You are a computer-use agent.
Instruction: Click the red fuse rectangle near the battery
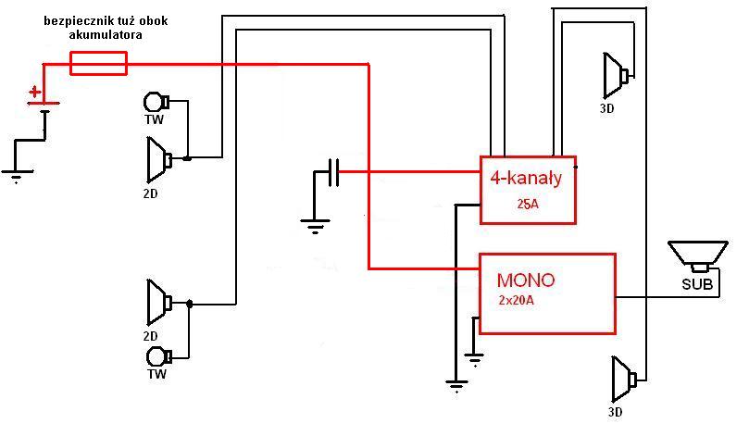pyautogui.click(x=98, y=63)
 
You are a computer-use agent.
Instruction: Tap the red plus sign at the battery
pyautogui.click(x=35, y=92)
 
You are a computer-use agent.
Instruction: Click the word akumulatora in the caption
pyautogui.click(x=106, y=34)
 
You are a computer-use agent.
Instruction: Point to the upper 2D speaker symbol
pyautogui.click(x=158, y=159)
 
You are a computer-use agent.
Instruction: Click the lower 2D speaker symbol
pyautogui.click(x=159, y=302)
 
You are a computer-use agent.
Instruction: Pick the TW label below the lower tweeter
pyautogui.click(x=156, y=374)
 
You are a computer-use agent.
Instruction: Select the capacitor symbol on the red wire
pyautogui.click(x=334, y=172)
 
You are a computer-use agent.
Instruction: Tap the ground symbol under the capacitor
pyautogui.click(x=316, y=222)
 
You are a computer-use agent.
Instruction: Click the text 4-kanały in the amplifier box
pyautogui.click(x=527, y=176)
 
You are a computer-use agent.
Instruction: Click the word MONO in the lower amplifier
pyautogui.click(x=526, y=280)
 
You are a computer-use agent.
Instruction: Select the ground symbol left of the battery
pyautogui.click(x=16, y=174)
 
